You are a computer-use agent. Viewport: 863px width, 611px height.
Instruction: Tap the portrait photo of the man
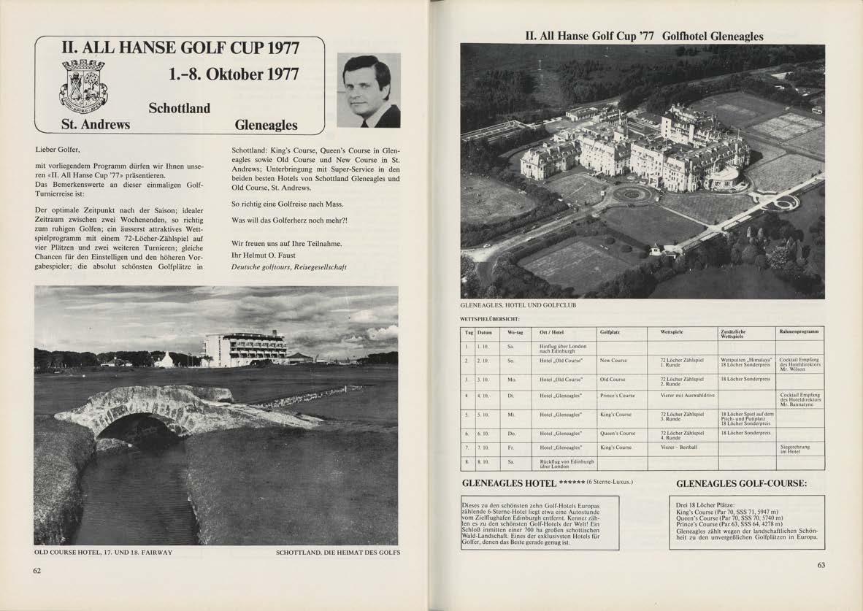[369, 90]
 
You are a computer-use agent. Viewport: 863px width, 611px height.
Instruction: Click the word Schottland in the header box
[179, 108]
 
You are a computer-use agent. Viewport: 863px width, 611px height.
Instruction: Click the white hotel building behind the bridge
[245, 349]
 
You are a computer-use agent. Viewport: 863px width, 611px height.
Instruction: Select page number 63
[821, 564]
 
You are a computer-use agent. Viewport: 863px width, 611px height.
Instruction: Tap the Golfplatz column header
[610, 331]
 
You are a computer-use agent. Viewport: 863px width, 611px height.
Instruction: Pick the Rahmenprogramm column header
[800, 331]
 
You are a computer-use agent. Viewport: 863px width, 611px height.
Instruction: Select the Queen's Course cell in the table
[617, 433]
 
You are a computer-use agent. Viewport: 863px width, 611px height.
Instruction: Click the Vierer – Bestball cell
[679, 447]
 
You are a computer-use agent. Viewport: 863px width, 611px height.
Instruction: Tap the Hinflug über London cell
[562, 348]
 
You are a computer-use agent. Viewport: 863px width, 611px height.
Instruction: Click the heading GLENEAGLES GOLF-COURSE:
[741, 483]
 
